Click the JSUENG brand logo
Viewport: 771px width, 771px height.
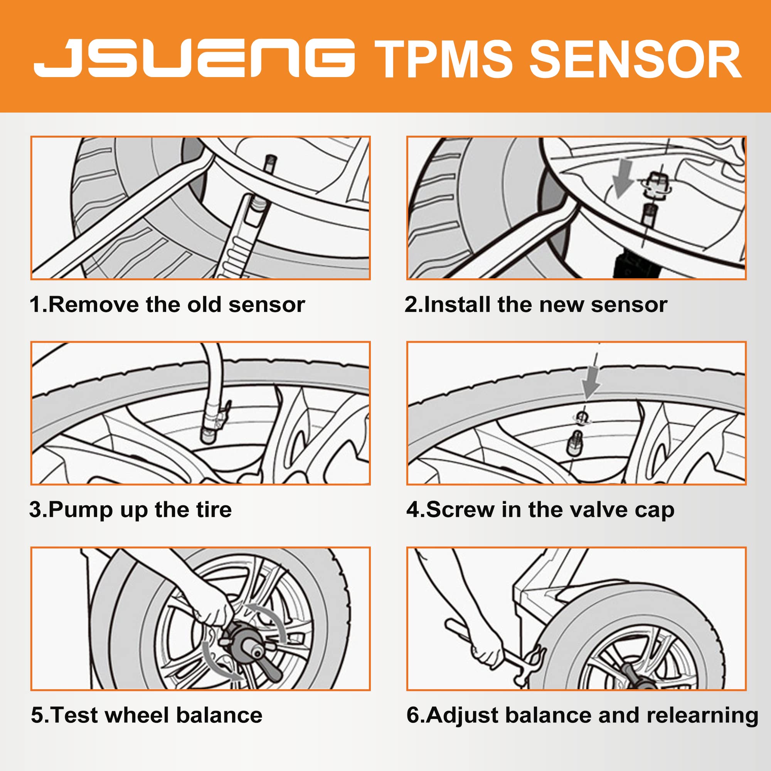click(194, 58)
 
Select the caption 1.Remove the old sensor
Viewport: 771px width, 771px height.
click(167, 305)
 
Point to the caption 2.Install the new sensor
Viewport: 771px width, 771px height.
click(536, 305)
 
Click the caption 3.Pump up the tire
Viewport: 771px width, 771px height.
click(131, 510)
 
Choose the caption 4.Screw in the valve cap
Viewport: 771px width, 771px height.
click(540, 510)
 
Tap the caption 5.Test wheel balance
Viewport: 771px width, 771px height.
click(147, 715)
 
